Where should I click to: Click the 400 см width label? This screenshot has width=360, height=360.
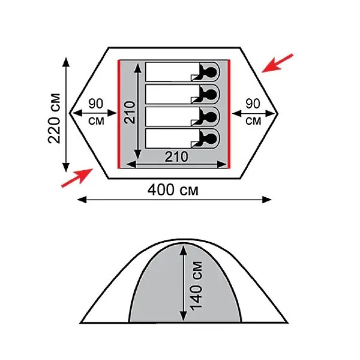pos(172,190)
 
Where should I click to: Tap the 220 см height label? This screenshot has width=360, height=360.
pos(54,118)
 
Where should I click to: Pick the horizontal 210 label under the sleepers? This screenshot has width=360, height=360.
pos(176,157)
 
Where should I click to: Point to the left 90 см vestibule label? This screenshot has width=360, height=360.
pos(96,112)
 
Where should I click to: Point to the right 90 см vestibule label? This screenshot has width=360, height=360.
pos(253,112)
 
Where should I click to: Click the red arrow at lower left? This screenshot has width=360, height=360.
pos(77,178)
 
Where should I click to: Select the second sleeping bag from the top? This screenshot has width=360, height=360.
pos(182,94)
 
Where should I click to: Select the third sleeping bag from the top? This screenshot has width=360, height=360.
pos(182,116)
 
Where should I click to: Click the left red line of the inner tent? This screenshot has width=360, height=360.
pos(119,114)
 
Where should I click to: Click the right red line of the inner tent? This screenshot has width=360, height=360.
pos(229,114)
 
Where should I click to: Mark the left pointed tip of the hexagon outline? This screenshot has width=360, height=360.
pos(69,113)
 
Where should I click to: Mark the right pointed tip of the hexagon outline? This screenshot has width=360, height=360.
pos(278,113)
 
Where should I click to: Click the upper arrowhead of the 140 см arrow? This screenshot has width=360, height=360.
pos(183,249)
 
